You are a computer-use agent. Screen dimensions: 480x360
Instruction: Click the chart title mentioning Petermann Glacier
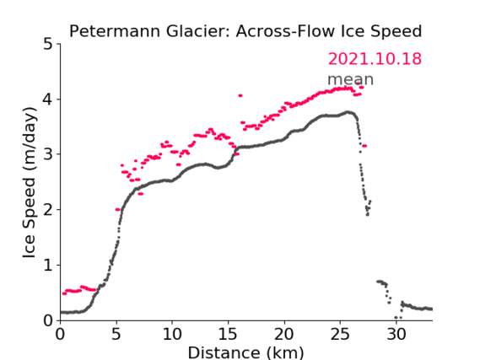pyautogui.click(x=245, y=31)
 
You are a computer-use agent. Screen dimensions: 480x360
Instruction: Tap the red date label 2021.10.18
pyautogui.click(x=375, y=59)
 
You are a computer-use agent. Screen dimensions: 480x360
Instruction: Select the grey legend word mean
pyautogui.click(x=351, y=79)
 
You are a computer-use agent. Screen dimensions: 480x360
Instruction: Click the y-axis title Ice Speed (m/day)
pyautogui.click(x=30, y=183)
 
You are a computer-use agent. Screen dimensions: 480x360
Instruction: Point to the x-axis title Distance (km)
pyautogui.click(x=245, y=352)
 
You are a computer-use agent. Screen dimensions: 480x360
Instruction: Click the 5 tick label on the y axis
pyautogui.click(x=48, y=45)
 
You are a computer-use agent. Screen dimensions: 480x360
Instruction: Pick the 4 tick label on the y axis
pyautogui.click(x=48, y=99)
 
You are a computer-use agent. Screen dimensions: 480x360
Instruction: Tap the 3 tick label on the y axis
pyautogui.click(x=48, y=154)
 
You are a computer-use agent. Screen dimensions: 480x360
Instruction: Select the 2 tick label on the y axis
pyautogui.click(x=48, y=210)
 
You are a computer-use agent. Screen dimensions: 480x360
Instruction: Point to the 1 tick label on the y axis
pyautogui.click(x=48, y=266)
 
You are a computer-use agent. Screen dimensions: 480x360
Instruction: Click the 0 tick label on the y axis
pyautogui.click(x=48, y=320)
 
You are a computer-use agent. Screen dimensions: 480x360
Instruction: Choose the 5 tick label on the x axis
pyautogui.click(x=116, y=335)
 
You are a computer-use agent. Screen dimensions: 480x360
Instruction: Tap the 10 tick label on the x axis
pyautogui.click(x=172, y=335)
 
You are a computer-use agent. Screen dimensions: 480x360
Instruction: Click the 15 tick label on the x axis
pyautogui.click(x=228, y=335)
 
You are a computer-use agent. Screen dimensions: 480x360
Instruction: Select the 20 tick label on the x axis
pyautogui.click(x=284, y=335)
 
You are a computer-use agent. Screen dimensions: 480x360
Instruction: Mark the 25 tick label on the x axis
pyautogui.click(x=340, y=335)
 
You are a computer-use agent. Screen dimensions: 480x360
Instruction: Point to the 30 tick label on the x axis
pyautogui.click(x=396, y=335)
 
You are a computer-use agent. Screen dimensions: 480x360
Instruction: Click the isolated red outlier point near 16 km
pyautogui.click(x=240, y=96)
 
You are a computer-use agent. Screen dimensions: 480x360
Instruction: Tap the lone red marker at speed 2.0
pyautogui.click(x=117, y=210)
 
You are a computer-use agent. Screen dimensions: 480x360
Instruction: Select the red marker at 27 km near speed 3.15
pyautogui.click(x=364, y=146)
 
